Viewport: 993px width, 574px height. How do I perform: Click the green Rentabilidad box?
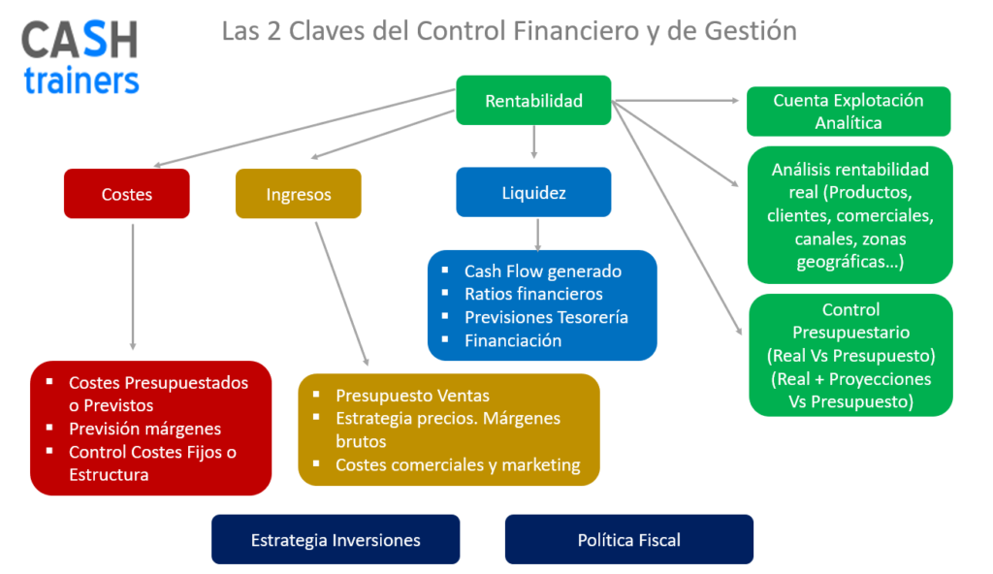pos(533,101)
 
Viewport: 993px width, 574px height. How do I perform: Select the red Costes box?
pos(127,194)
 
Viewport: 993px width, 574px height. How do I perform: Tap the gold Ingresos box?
pos(299,194)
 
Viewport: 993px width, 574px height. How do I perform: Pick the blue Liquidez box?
pos(533,193)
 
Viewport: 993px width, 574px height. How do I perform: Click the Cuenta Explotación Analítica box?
pos(849,112)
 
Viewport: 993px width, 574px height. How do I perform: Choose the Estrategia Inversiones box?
pos(336,540)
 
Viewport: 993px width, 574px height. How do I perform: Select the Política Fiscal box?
pos(628,540)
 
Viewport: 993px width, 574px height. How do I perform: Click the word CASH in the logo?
pos(80,41)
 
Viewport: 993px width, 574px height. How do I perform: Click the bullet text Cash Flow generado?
pos(542,271)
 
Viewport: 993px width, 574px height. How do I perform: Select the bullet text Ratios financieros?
pos(533,294)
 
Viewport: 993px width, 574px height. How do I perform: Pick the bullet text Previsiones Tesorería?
pos(546,317)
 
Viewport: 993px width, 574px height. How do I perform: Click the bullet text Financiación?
pos(513,340)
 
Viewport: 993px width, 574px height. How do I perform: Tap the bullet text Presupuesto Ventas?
pos(412,396)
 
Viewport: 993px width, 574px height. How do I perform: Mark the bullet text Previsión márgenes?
pos(144,429)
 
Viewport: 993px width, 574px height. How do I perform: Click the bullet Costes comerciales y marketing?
pos(458,465)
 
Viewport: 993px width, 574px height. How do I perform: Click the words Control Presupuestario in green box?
pos(850,321)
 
